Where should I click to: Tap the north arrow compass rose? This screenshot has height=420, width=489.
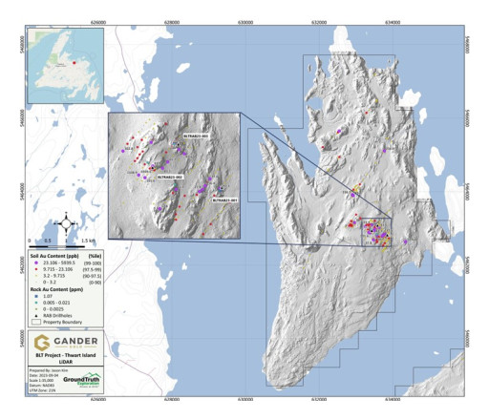(64, 223)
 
